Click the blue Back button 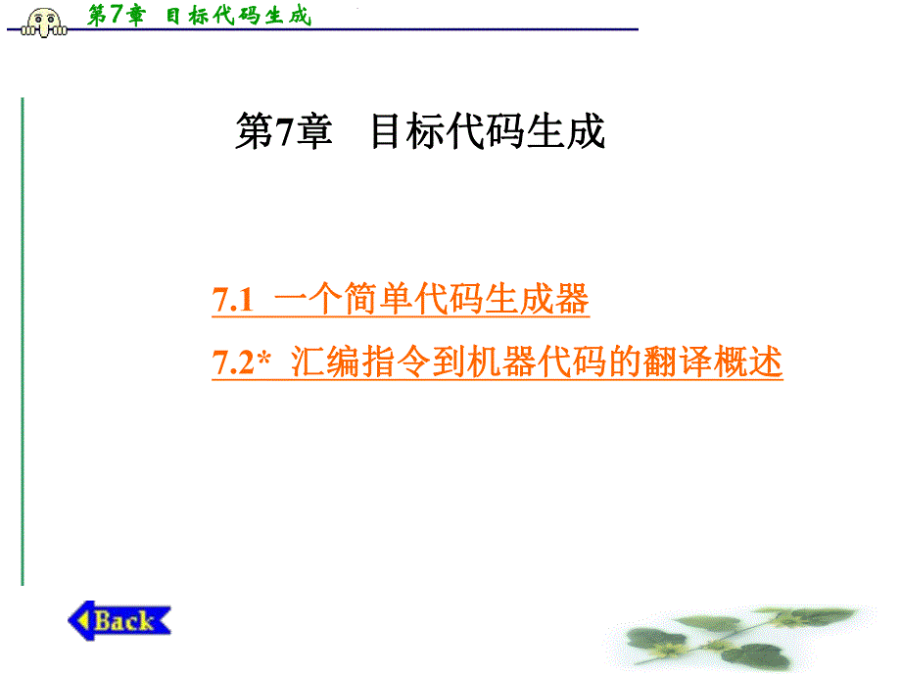[x=119, y=620]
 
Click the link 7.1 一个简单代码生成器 [x=401, y=300]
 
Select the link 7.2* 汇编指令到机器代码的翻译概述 [x=498, y=362]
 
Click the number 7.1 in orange [x=233, y=301]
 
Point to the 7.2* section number [x=241, y=363]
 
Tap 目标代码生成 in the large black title [x=487, y=132]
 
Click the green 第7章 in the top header [x=115, y=16]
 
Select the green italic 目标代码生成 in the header [x=237, y=16]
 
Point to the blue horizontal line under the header [x=392, y=30]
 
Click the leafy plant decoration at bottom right [x=744, y=632]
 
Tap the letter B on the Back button [x=104, y=620]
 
